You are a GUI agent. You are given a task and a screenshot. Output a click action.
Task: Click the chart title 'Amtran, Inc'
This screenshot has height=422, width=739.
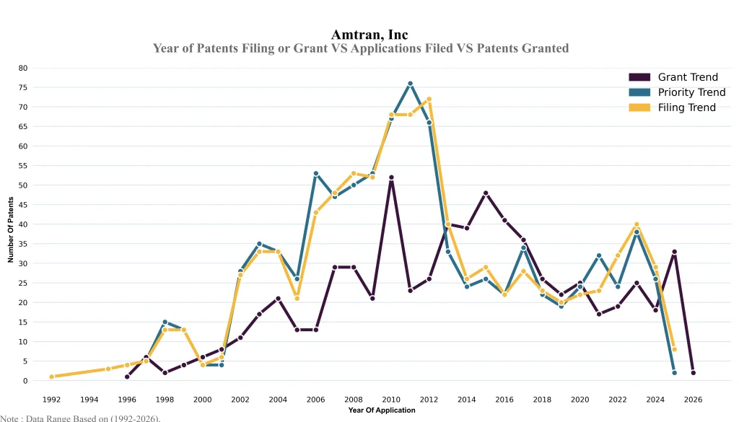[x=369, y=35]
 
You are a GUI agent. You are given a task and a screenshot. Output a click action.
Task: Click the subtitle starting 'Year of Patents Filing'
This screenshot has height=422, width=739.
[x=361, y=48]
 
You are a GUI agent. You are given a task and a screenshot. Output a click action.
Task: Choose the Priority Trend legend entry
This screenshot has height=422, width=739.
[x=691, y=92]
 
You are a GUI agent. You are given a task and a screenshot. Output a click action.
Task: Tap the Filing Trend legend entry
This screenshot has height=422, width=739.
[x=686, y=107]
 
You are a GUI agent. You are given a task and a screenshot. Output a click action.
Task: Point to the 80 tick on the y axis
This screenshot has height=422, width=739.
[x=23, y=68]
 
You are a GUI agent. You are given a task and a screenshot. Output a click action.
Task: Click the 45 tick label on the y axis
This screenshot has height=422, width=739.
[x=23, y=205]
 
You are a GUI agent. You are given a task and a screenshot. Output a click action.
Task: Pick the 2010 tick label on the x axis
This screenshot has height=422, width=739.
[x=391, y=399]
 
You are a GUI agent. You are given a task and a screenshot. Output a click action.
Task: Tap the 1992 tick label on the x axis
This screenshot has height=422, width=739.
[x=52, y=399]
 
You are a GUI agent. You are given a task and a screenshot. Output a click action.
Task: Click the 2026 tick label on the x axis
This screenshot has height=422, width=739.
[x=693, y=399]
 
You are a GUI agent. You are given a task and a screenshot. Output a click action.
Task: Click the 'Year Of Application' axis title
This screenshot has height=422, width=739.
[x=382, y=410]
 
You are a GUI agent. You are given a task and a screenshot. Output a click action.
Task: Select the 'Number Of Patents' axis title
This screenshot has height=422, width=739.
[x=11, y=224]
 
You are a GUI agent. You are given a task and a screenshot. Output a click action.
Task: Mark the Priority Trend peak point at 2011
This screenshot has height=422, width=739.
[x=410, y=84]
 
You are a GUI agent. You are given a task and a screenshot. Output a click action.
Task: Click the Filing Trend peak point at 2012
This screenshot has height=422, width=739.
[x=429, y=100]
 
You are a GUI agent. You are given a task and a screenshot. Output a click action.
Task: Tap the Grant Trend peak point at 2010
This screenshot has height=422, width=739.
[x=391, y=177]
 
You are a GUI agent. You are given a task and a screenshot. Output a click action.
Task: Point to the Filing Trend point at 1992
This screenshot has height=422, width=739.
[x=52, y=377]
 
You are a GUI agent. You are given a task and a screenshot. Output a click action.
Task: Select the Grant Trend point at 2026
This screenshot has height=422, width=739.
[x=693, y=373]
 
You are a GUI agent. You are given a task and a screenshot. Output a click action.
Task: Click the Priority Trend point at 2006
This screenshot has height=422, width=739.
[x=315, y=174]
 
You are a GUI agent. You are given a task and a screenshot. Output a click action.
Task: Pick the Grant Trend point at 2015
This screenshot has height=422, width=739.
[x=486, y=193]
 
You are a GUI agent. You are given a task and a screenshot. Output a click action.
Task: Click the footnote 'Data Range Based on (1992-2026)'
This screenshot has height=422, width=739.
[x=80, y=418]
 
